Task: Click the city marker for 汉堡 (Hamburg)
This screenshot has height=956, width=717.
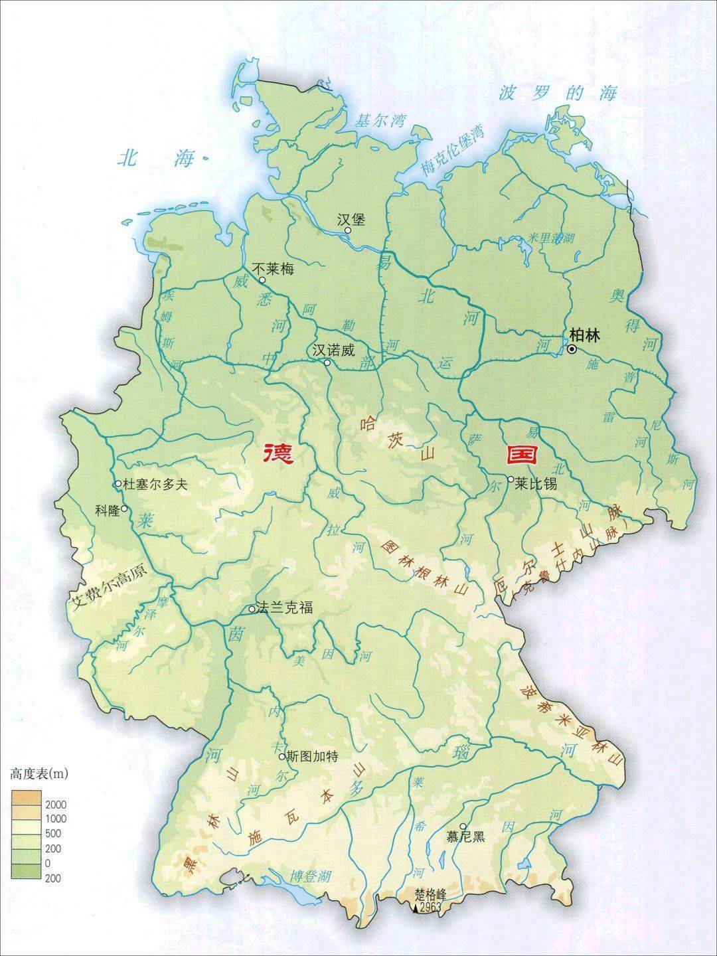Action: coord(348,230)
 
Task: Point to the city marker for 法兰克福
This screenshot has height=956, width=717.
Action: coord(252,609)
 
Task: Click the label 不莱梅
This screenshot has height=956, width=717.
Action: coord(274,269)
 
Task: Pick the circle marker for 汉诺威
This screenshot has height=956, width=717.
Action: coord(327,362)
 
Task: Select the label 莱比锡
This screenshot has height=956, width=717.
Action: coord(535,485)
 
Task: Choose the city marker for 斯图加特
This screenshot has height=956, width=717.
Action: coord(281,756)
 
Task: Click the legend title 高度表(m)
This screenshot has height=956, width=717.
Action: coord(40,773)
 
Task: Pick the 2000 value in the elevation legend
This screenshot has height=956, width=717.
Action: coord(56,805)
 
